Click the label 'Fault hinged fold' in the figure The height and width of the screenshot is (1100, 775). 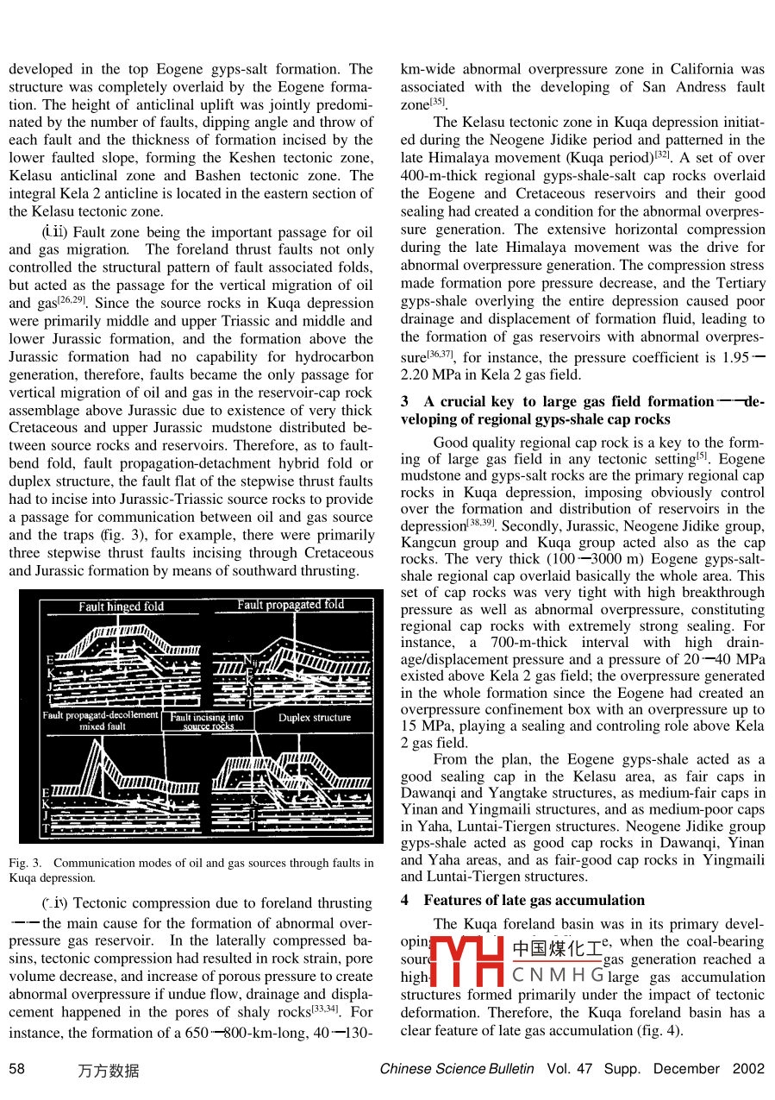tap(121, 607)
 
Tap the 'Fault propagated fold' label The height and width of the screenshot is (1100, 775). tap(291, 605)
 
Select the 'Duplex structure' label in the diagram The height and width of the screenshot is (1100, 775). tap(315, 718)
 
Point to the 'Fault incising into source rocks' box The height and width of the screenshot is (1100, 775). tap(207, 721)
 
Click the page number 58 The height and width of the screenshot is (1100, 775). tap(16, 1069)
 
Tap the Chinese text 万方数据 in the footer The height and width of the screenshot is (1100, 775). tap(108, 1071)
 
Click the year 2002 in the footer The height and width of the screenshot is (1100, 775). tap(748, 1069)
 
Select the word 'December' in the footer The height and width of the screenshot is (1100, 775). tap(686, 1069)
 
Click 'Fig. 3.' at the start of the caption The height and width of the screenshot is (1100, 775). tap(24, 863)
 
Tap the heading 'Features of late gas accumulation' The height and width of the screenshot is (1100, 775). tap(534, 900)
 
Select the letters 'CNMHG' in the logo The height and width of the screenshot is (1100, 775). tap(558, 976)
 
